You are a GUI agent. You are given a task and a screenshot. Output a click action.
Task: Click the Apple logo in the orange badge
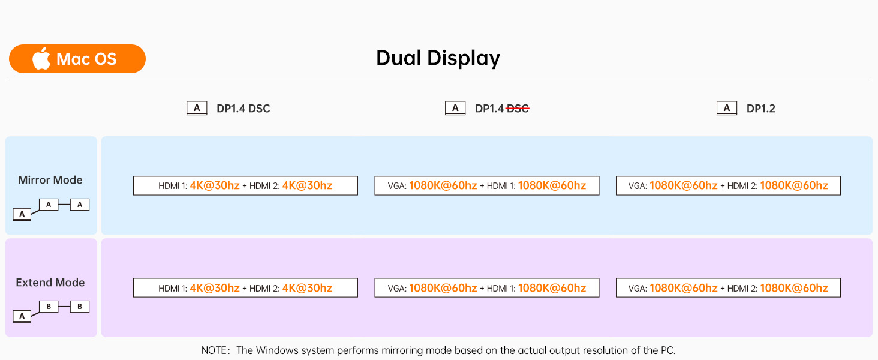click(x=41, y=59)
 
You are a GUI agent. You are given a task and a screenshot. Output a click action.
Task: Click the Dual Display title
click(x=438, y=58)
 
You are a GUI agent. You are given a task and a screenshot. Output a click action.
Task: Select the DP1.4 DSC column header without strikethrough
click(x=243, y=109)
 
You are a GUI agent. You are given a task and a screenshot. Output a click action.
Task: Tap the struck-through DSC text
click(x=518, y=109)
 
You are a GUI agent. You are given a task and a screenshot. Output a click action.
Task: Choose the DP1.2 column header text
click(x=760, y=109)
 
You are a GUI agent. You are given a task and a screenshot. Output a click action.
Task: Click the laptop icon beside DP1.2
click(x=726, y=108)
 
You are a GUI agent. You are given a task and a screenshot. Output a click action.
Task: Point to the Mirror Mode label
click(x=50, y=180)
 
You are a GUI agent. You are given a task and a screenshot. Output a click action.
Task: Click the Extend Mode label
click(x=50, y=283)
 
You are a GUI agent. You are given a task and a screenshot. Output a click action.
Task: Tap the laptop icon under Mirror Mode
click(x=22, y=214)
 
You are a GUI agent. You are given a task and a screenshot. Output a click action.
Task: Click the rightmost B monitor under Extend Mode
click(x=80, y=307)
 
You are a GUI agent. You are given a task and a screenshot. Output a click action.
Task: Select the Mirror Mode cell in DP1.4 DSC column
click(x=245, y=185)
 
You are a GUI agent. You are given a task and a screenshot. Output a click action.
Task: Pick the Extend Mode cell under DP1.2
click(x=728, y=288)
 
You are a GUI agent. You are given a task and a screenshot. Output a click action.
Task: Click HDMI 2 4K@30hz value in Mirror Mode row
click(x=307, y=185)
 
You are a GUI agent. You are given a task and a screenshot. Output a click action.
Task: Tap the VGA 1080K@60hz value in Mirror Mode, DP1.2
click(x=683, y=185)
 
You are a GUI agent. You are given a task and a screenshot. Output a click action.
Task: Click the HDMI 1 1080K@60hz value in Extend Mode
click(x=552, y=288)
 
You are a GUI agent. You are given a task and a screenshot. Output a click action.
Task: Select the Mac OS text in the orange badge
click(x=86, y=59)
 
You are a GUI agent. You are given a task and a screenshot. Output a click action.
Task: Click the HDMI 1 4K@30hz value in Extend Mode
click(x=215, y=288)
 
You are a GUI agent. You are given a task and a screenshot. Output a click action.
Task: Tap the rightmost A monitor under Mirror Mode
click(x=80, y=205)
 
